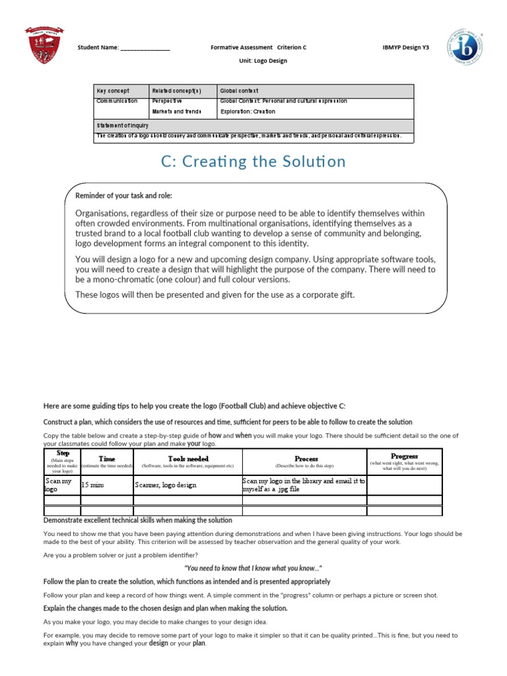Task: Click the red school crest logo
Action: (44, 46)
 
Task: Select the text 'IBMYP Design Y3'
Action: (405, 48)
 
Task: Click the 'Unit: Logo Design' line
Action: (263, 61)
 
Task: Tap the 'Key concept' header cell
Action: (113, 90)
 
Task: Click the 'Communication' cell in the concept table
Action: (117, 101)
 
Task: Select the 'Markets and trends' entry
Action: (176, 112)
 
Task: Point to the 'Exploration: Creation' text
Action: (248, 112)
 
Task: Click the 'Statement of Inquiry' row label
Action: (122, 125)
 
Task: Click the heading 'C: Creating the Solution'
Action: (253, 162)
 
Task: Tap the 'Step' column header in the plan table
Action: (63, 454)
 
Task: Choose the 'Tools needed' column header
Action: (188, 458)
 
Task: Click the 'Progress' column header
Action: (404, 456)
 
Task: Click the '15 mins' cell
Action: (93, 485)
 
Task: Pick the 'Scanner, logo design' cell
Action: (166, 485)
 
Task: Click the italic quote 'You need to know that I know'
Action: (253, 568)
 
